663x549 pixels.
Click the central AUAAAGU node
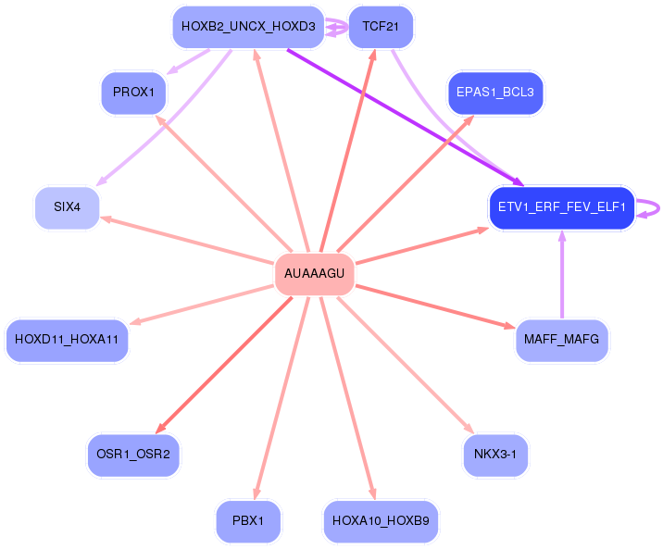click(x=314, y=273)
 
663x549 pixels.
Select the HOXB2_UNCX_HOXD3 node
click(x=248, y=27)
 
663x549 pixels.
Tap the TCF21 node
click(x=381, y=27)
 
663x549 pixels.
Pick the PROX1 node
click(x=133, y=93)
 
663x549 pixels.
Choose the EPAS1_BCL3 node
click(x=495, y=93)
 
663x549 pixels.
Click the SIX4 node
click(x=68, y=207)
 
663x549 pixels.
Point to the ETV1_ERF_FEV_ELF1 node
click(x=562, y=207)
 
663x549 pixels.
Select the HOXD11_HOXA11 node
click(x=67, y=340)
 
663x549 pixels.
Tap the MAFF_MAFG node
click(x=562, y=340)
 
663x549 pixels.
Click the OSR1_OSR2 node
click(x=133, y=455)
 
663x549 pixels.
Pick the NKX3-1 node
click(x=495, y=455)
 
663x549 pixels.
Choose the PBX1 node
click(x=248, y=520)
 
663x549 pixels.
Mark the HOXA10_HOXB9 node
click(x=381, y=520)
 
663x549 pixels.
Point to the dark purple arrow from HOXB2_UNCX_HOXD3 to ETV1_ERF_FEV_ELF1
click(x=405, y=118)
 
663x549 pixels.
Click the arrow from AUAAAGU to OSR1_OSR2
click(x=224, y=365)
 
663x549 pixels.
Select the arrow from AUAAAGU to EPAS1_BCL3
click(x=405, y=183)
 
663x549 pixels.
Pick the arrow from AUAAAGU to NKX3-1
click(x=406, y=365)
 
